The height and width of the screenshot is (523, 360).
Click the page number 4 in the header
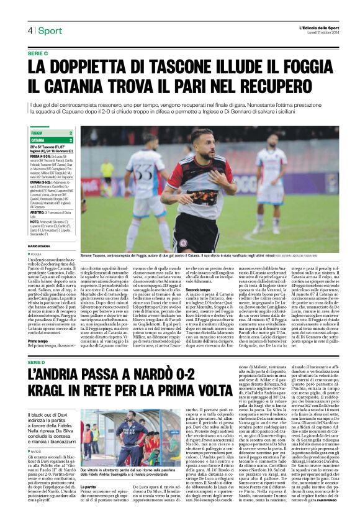pyautogui.click(x=30, y=30)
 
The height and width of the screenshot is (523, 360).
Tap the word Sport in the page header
pyautogui.click(x=50, y=30)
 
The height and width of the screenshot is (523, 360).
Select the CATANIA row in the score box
pyautogui.click(x=52, y=140)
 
